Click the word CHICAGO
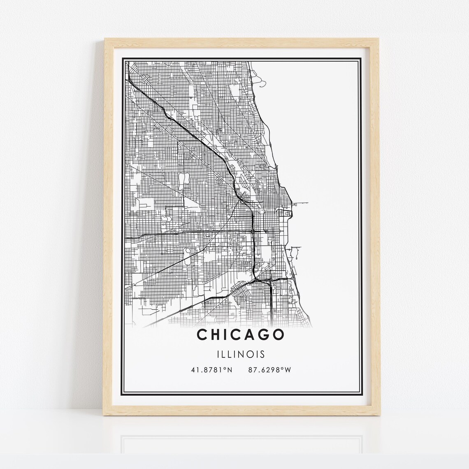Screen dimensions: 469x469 coord(240,335)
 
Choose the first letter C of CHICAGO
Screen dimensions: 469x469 coord(202,335)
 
